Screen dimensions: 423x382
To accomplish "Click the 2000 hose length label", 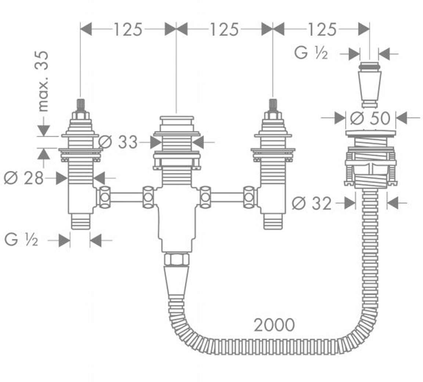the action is click(x=274, y=325).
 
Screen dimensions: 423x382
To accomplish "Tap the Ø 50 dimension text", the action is click(x=370, y=118).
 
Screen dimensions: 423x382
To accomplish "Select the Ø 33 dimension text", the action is click(x=118, y=142).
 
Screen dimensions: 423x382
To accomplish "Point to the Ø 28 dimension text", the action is click(x=23, y=179).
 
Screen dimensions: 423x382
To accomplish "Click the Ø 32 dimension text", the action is click(x=312, y=203).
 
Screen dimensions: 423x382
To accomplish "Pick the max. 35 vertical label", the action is click(x=43, y=81).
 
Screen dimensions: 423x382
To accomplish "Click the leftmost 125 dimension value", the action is click(x=127, y=29).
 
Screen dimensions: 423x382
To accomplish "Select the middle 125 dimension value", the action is click(x=224, y=29).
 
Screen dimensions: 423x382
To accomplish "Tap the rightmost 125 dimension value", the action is click(x=321, y=29).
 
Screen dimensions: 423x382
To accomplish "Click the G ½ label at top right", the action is click(x=311, y=54).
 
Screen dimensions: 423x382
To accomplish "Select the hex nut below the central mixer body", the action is click(x=176, y=259).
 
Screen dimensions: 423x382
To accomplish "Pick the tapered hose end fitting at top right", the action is click(x=370, y=84).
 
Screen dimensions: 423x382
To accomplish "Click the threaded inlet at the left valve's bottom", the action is click(x=80, y=222).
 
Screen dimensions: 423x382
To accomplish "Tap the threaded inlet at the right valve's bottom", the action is click(x=273, y=222).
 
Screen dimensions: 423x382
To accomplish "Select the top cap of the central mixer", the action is click(x=176, y=121).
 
